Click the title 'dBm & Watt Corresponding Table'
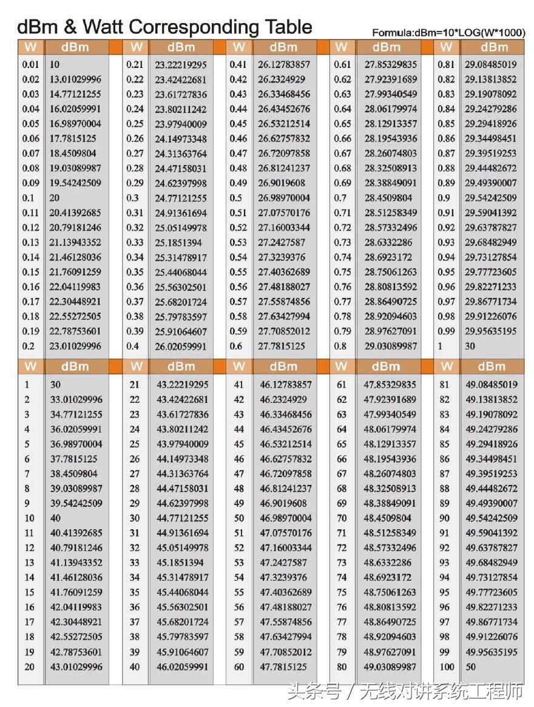pyautogui.click(x=164, y=27)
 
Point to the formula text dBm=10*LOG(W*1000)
pyautogui.click(x=448, y=33)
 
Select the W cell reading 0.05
pyautogui.click(x=30, y=124)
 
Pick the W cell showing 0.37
pyautogui.click(x=135, y=302)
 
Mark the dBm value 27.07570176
pyautogui.click(x=284, y=213)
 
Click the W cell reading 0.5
pyautogui.click(x=237, y=198)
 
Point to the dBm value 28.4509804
pyautogui.click(x=388, y=198)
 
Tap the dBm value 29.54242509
pyautogui.click(x=491, y=198)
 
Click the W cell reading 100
pyautogui.click(x=447, y=667)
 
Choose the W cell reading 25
pyautogui.click(x=135, y=444)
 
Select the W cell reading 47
pyautogui.click(x=238, y=474)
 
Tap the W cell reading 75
pyautogui.click(x=342, y=592)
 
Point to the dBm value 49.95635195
pyautogui.click(x=492, y=652)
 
